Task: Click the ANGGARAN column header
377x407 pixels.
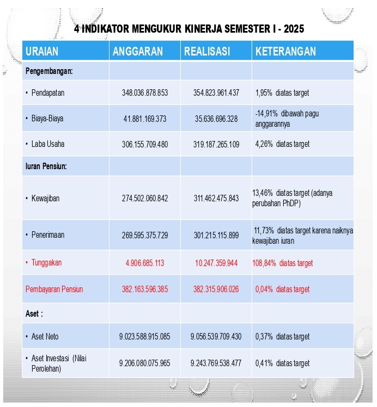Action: click(x=137, y=52)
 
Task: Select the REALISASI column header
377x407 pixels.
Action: click(x=207, y=52)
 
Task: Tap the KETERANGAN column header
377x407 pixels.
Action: click(x=285, y=52)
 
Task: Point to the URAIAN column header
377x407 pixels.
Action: click(x=42, y=52)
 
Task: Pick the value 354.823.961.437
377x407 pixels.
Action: click(x=216, y=92)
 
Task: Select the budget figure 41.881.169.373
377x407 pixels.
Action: click(x=144, y=119)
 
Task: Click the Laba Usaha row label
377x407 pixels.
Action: click(x=47, y=144)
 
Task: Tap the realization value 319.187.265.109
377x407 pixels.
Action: click(x=216, y=144)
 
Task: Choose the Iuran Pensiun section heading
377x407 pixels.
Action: click(x=46, y=166)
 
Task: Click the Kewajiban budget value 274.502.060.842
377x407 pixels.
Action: click(x=144, y=198)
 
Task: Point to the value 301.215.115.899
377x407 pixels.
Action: click(x=216, y=235)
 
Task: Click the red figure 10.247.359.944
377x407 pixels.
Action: click(x=216, y=263)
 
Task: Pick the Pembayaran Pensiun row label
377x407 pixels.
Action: click(x=54, y=289)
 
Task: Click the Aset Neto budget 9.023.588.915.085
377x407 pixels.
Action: click(x=144, y=337)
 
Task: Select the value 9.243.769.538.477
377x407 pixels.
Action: click(x=216, y=363)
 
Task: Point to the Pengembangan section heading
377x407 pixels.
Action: click(x=49, y=71)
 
